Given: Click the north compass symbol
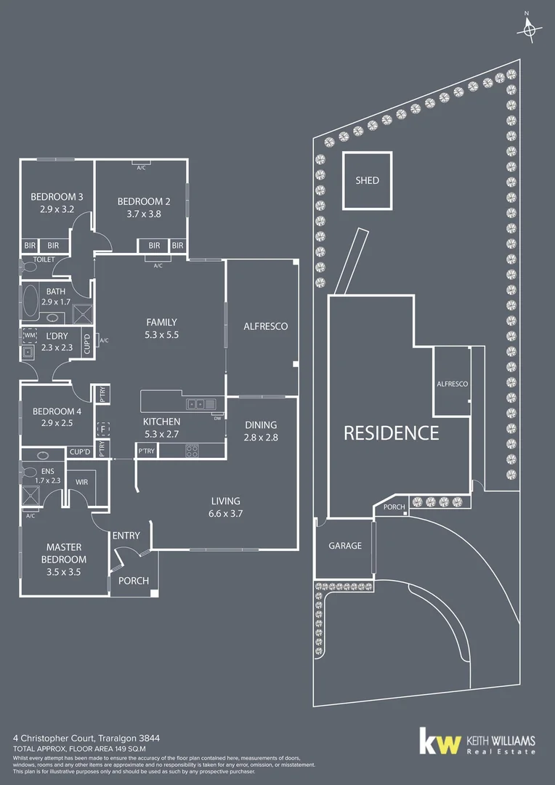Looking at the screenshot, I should (x=530, y=28).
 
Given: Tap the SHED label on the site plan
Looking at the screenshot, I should (x=367, y=180).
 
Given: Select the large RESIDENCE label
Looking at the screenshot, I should (x=391, y=433).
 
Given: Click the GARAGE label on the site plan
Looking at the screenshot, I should (x=344, y=545).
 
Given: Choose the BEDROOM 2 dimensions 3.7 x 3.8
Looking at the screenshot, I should (x=144, y=214).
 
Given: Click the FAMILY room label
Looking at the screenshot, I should (x=161, y=322).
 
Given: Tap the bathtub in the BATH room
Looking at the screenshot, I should (x=31, y=302).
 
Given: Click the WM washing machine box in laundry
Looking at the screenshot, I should (x=30, y=337).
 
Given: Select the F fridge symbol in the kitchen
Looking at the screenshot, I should (x=103, y=430).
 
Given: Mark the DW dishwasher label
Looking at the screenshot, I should (x=217, y=418).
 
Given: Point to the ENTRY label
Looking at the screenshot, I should (x=126, y=536).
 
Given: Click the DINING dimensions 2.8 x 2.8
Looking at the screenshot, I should (x=262, y=438).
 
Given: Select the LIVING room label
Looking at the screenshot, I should (x=225, y=501).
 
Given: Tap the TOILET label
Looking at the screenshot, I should (x=44, y=259).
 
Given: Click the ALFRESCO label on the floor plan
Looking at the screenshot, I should (x=265, y=326).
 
